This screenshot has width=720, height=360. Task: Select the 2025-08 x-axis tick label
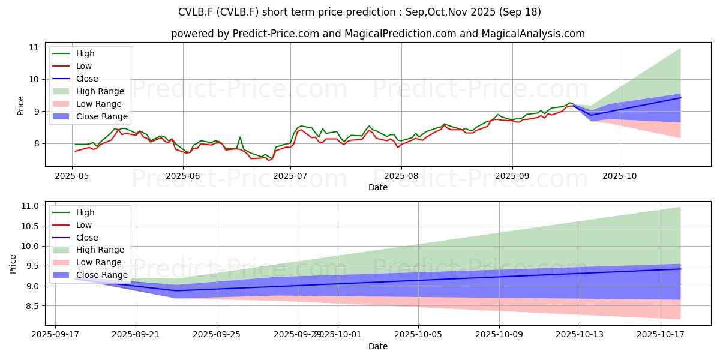tap(401, 175)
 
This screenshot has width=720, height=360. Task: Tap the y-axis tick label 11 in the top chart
tap(33, 47)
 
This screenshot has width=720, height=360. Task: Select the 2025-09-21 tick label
tap(136, 334)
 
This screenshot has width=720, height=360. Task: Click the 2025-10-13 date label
tap(580, 334)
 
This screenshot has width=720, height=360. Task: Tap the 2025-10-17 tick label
tap(661, 334)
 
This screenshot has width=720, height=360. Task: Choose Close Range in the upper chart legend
tap(102, 116)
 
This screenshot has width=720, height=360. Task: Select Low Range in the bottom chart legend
tap(99, 262)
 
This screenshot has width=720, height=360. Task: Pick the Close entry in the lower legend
tap(88, 238)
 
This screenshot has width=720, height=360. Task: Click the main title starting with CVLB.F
tap(359, 12)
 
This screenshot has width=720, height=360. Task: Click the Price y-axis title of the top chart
tap(20, 106)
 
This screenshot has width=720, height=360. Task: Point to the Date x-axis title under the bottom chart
tap(378, 346)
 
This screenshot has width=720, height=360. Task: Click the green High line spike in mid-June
tap(240, 137)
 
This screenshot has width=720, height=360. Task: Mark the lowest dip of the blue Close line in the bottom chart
tap(176, 290)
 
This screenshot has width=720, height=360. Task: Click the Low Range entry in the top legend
tap(99, 104)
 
